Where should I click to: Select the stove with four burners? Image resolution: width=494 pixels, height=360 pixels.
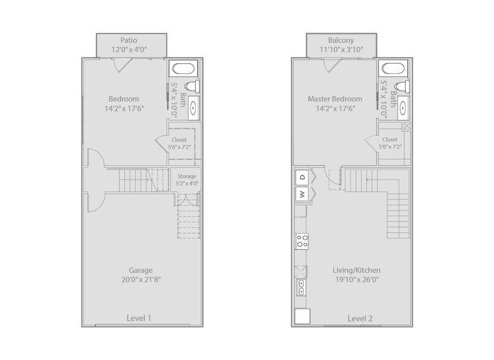[x=302, y=241]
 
